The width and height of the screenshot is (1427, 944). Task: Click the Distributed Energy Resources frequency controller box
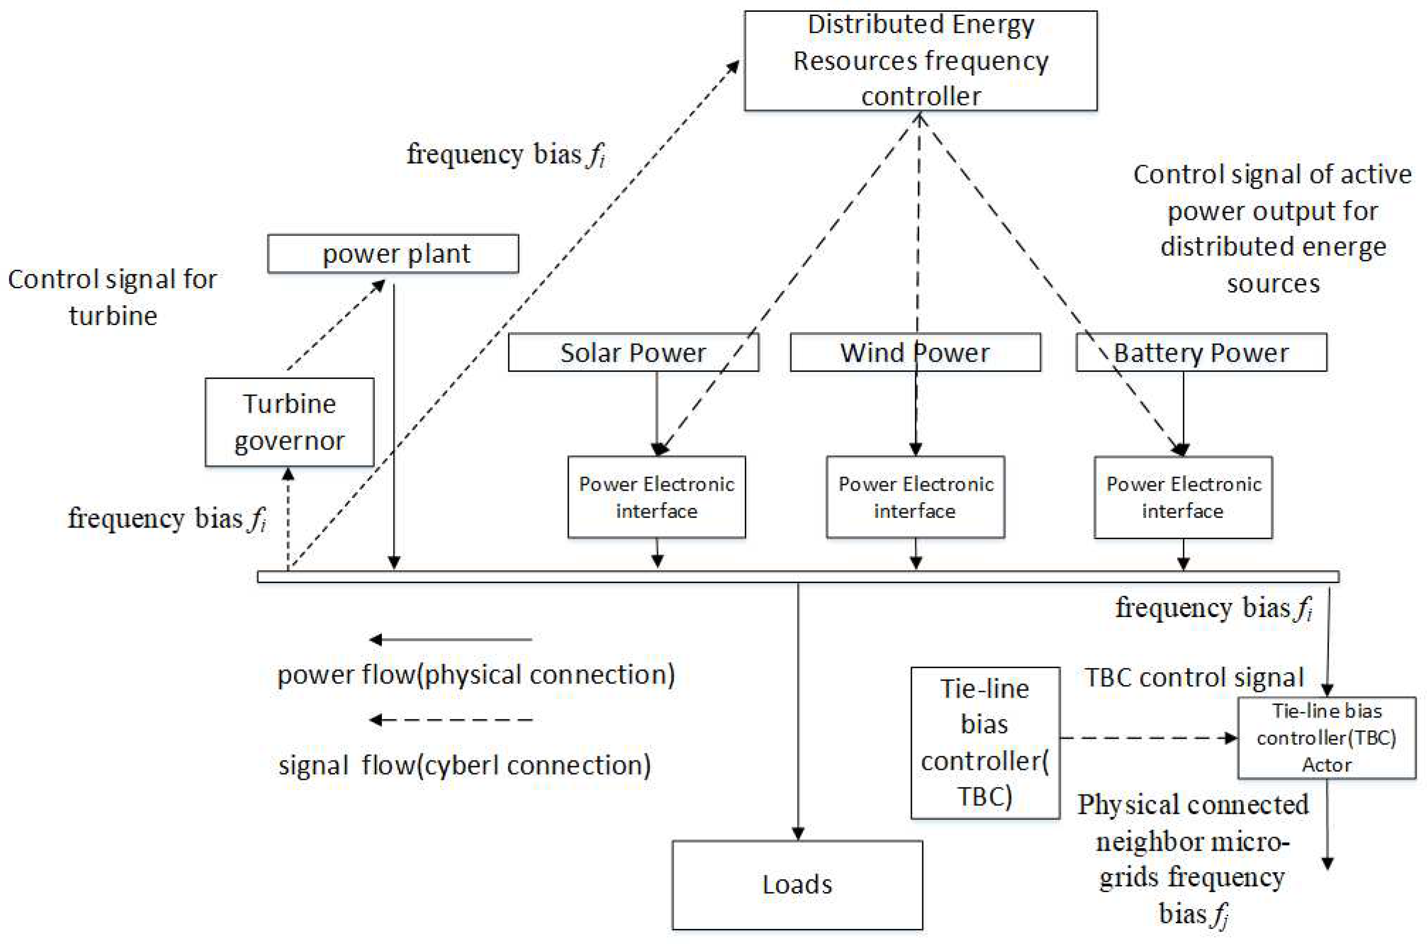920,60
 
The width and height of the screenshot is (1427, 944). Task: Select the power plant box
393,253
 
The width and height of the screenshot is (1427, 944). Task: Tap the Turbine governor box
289,422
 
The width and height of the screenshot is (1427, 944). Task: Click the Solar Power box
633,352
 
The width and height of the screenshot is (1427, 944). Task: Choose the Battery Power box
1200,352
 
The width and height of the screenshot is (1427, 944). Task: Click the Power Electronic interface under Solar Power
656,497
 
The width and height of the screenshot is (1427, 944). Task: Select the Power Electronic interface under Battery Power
1182,497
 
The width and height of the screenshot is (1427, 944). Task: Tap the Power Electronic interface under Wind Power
915,497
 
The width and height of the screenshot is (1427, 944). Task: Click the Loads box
797,885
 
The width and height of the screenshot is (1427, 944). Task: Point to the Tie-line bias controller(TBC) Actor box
1326,737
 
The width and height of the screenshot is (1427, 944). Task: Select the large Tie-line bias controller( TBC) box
984,742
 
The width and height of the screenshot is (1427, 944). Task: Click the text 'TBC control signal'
1194,677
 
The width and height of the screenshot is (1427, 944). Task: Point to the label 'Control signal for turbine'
113,297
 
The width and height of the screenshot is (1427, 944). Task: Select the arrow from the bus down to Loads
798,710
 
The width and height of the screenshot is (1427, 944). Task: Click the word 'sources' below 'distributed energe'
1273,283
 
